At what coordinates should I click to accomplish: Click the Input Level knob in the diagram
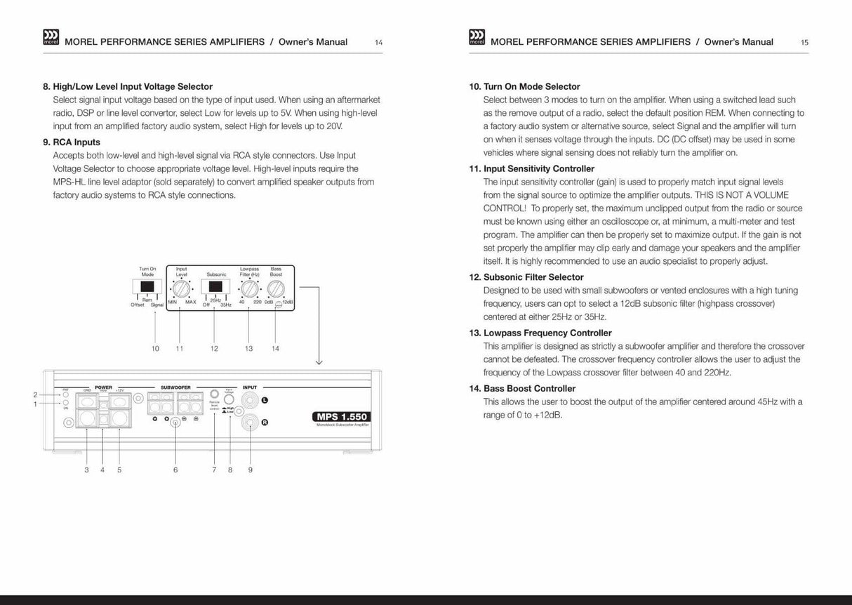[181, 287]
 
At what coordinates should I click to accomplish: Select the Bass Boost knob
[276, 287]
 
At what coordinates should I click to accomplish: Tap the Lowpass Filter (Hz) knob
[249, 287]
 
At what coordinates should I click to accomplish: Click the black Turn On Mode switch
[147, 286]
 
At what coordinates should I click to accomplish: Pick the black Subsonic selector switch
[215, 286]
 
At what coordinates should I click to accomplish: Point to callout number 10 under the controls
[155, 348]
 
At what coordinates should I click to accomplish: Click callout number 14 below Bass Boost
[275, 348]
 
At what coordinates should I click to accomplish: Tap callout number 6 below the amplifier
[175, 470]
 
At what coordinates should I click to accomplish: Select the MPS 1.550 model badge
[342, 417]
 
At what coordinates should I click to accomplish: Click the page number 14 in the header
[378, 43]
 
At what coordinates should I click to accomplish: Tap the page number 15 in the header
[804, 43]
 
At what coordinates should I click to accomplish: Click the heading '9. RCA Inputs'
[72, 142]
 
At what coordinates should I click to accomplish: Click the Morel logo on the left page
[51, 38]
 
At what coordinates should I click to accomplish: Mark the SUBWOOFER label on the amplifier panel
[175, 387]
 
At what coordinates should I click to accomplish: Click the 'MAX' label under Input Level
[190, 302]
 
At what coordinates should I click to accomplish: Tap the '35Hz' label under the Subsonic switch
[226, 305]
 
